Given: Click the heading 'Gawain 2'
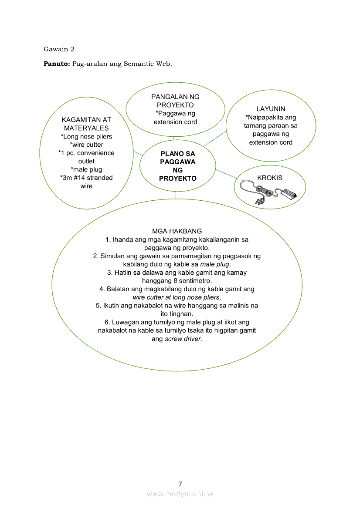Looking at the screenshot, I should point(59,49).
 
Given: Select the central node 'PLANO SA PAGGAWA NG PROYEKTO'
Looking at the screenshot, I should point(177,166).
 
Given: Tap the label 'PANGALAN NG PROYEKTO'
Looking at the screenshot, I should point(175,101).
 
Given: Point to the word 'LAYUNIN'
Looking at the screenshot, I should point(271,109).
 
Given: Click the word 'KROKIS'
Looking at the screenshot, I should point(270,178).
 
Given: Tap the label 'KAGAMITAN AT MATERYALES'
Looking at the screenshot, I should point(86,124).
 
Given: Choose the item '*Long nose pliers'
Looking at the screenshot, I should point(86,136).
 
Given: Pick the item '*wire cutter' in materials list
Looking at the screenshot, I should point(86,145).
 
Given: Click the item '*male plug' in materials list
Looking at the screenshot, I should point(86,169).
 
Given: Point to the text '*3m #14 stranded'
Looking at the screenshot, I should point(86,178).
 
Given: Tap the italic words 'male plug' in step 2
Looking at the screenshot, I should point(215,264).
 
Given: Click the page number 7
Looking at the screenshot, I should point(180,484).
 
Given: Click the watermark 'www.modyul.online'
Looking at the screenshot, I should point(180,494).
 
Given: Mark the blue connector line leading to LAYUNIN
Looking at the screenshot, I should point(214,138).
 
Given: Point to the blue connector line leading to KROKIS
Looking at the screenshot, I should point(226,174).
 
